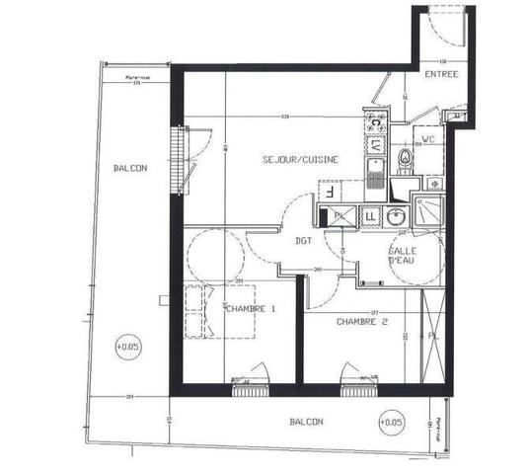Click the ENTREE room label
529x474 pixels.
[x=441, y=74]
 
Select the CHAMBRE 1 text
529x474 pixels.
[x=251, y=309]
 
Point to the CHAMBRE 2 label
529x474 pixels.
[x=361, y=321]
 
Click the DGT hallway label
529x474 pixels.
[x=304, y=240]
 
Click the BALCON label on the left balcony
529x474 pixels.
[x=129, y=168]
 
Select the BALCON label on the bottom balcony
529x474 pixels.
[x=306, y=422]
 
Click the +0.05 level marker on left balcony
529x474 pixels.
[x=128, y=346]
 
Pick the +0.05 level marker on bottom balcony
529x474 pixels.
[x=391, y=423]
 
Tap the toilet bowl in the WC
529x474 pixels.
[x=402, y=162]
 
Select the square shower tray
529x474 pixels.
[x=429, y=209]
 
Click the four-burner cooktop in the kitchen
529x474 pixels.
[x=376, y=122]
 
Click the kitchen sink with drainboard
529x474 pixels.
[x=375, y=176]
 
